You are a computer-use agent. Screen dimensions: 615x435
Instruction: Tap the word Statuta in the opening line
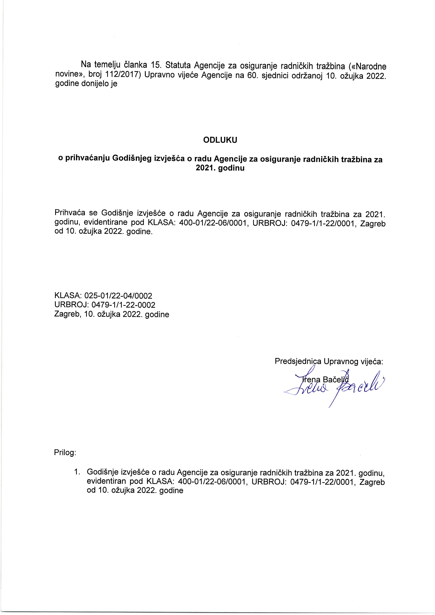click(178, 65)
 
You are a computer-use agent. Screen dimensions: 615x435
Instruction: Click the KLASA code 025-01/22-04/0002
click(118, 296)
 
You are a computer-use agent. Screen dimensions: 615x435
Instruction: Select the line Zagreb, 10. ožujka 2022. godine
click(112, 314)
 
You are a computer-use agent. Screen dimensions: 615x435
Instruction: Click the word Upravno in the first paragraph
click(161, 76)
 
